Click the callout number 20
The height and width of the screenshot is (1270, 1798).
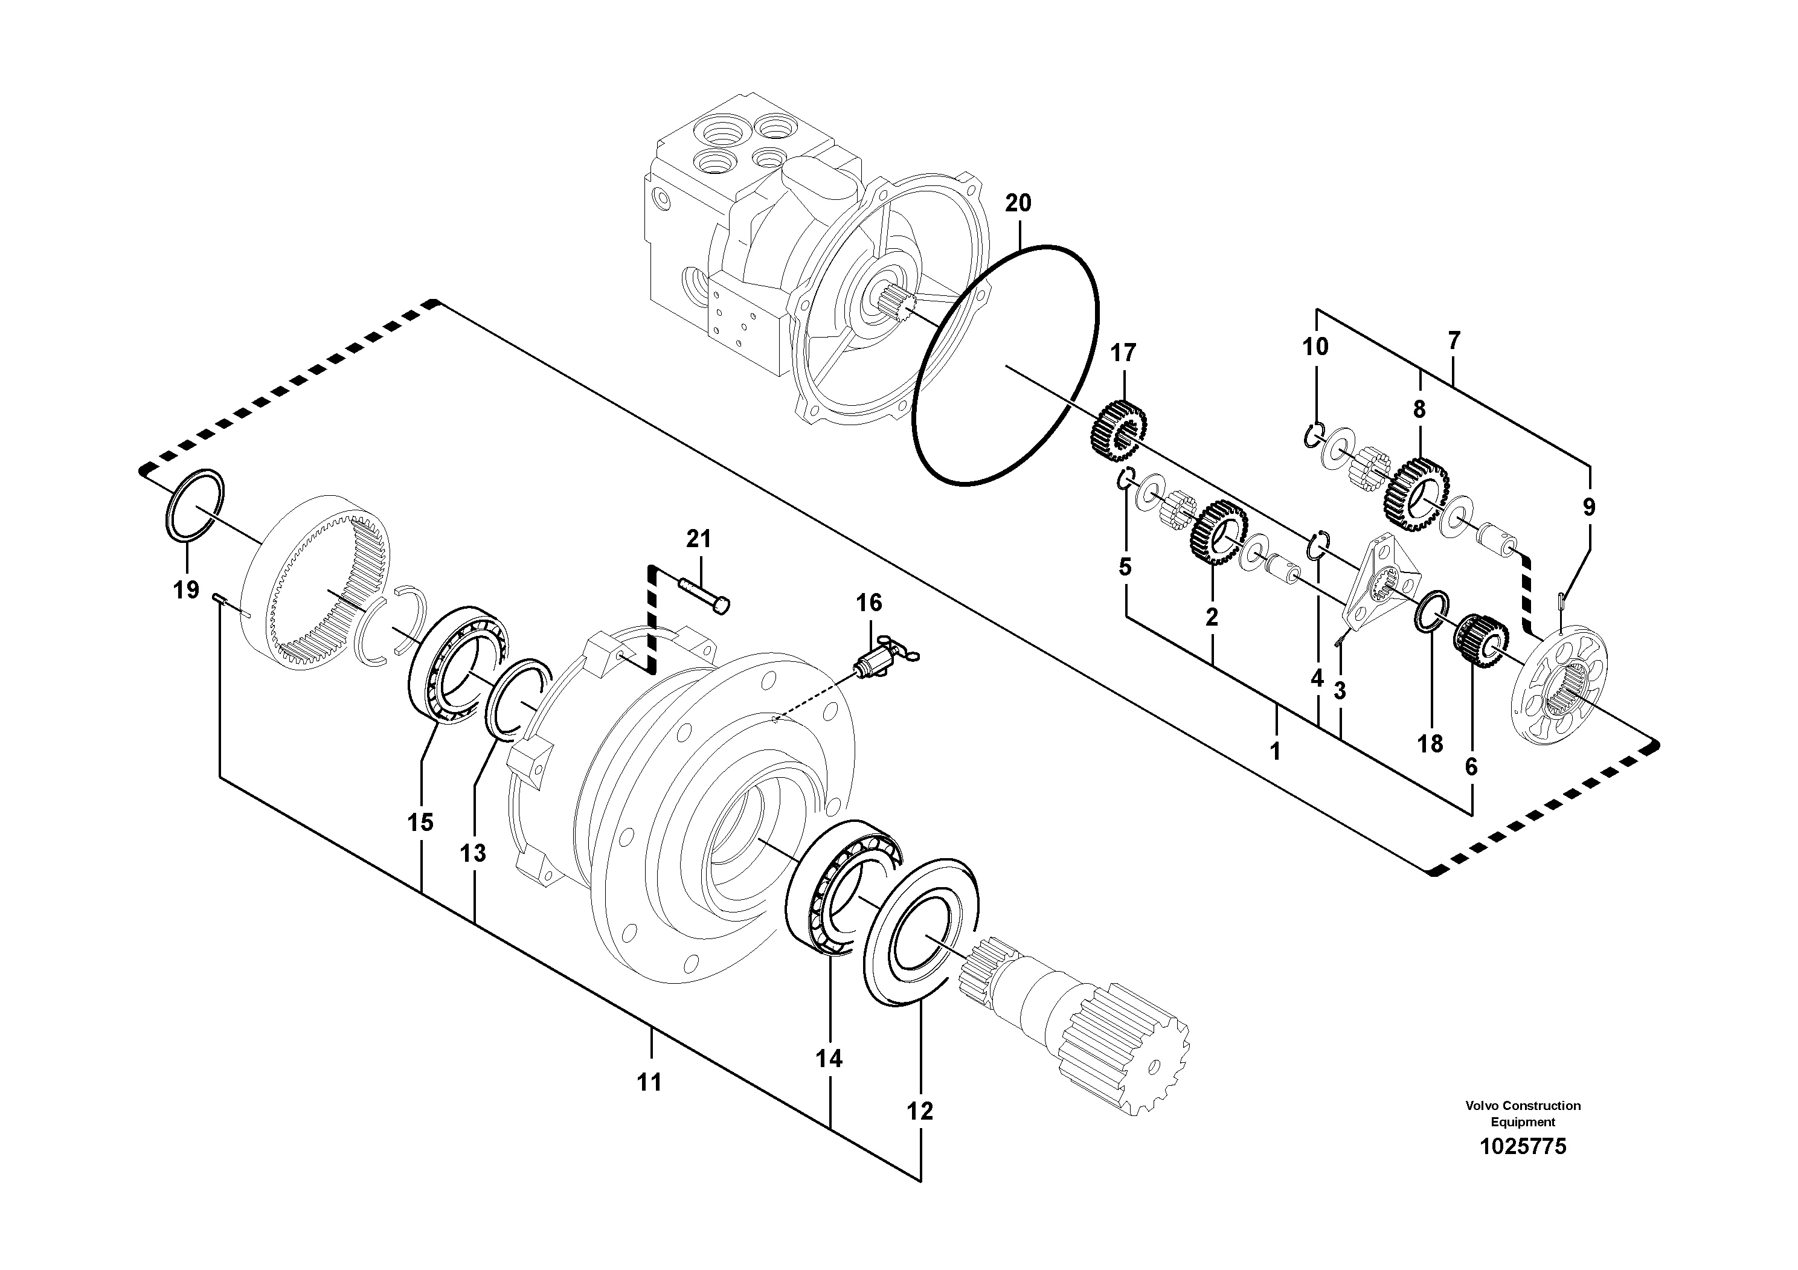pos(1018,204)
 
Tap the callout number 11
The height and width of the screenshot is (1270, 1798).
pos(649,1082)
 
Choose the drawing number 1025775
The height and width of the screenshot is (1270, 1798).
pos(1523,1147)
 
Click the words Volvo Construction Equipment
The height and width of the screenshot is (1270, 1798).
pos(1523,1114)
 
